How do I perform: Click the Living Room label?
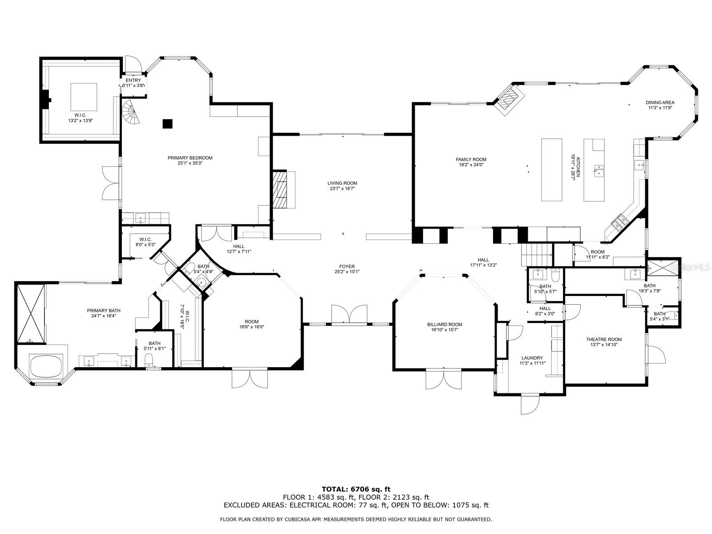pyautogui.click(x=342, y=183)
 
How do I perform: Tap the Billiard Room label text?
pyautogui.click(x=445, y=324)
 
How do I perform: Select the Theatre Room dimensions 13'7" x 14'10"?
pyautogui.click(x=603, y=344)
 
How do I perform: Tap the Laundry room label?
pyautogui.click(x=532, y=358)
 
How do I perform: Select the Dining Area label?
pyautogui.click(x=660, y=102)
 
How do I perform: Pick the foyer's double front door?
pyautogui.click(x=349, y=314)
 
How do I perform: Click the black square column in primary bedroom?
pyautogui.click(x=167, y=124)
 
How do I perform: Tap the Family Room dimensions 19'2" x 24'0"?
pyautogui.click(x=471, y=165)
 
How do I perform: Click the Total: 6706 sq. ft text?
pyautogui.click(x=356, y=489)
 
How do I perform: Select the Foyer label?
pyautogui.click(x=347, y=267)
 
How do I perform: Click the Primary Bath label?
pyautogui.click(x=104, y=311)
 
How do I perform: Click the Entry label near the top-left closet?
pyautogui.click(x=133, y=80)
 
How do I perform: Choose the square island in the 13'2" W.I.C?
pyautogui.click(x=84, y=97)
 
